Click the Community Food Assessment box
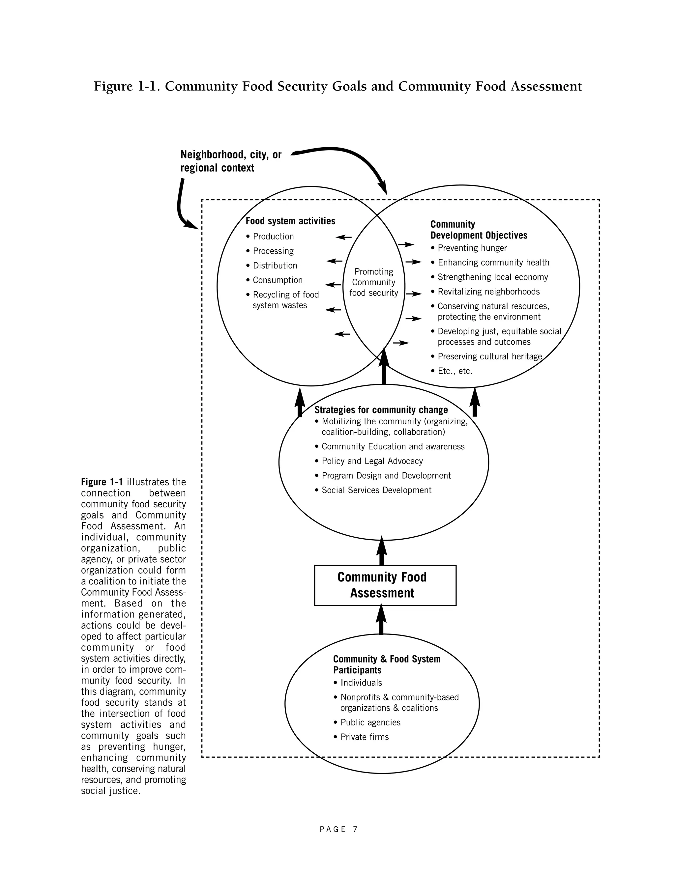[385, 585]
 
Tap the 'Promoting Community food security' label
[374, 282]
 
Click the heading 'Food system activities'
[290, 221]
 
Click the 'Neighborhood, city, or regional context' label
[231, 161]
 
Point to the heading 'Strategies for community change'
[381, 410]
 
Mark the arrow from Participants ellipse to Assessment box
[381, 620]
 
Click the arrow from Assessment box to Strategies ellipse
[381, 551]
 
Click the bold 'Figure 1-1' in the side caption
[102, 482]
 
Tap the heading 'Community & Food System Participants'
[387, 665]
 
